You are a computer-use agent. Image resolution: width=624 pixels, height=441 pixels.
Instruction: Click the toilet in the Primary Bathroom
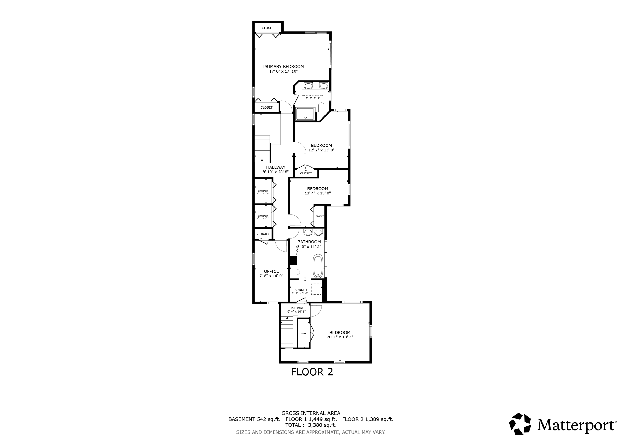(321, 107)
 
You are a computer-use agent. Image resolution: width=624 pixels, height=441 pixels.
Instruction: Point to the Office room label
(271, 271)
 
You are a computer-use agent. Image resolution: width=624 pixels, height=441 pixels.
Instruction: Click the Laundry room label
(300, 290)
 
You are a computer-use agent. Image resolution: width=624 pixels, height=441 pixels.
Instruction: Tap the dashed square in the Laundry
(316, 289)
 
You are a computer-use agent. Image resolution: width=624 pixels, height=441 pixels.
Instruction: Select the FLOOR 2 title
(312, 372)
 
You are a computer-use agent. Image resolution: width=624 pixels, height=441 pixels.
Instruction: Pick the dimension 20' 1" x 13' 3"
(340, 337)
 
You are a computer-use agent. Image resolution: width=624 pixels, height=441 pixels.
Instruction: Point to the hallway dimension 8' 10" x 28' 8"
(276, 172)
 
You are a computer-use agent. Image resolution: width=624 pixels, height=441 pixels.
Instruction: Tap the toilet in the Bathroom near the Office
(295, 272)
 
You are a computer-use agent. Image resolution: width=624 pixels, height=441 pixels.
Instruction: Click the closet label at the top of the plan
(268, 28)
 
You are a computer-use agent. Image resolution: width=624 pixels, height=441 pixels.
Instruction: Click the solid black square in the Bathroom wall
(293, 261)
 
